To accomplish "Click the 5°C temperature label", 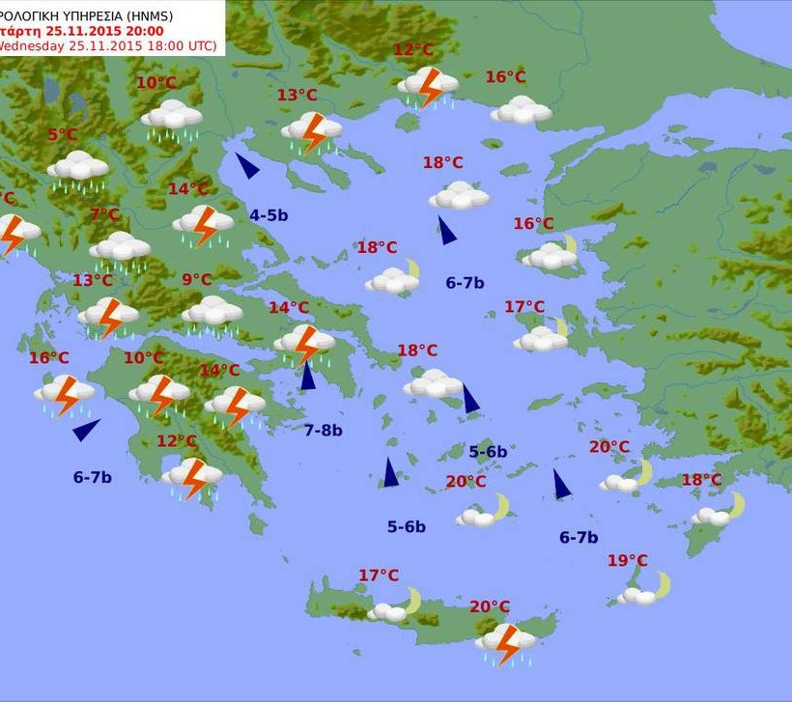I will pos(62,135).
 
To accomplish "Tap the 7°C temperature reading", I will pos(104,214).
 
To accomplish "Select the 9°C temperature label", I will pos(196,280).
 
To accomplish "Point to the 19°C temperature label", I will pos(628,560).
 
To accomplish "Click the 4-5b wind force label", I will pos(269,215).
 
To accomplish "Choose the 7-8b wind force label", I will pos(323,431).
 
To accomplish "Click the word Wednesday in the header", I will pos(32,45).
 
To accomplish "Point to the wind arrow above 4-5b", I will pos(247,166).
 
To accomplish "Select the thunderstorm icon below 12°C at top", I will pos(427,87).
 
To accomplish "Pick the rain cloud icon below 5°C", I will pos(77,168).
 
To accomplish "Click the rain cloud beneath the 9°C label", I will pos(212,312).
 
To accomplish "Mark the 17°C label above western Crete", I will pos(379,576).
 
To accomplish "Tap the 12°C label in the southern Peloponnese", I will pos(177,441).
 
